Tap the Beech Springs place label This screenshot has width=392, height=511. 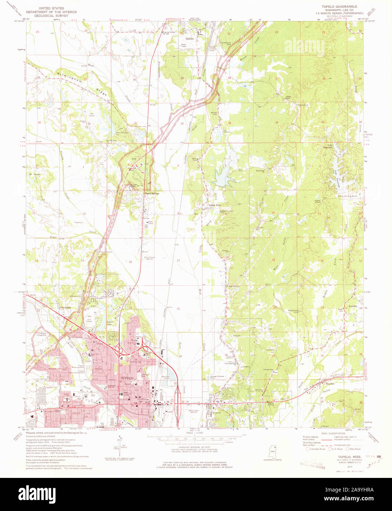[x=151, y=193]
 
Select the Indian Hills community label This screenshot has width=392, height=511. [x=214, y=205]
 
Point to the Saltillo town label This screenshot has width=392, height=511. [x=190, y=38]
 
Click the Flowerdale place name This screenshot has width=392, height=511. [x=65, y=307]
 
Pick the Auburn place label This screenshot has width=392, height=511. [x=353, y=306]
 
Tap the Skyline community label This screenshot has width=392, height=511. [x=329, y=383]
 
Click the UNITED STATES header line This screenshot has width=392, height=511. [x=51, y=8]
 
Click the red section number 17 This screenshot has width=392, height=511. [x=178, y=260]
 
